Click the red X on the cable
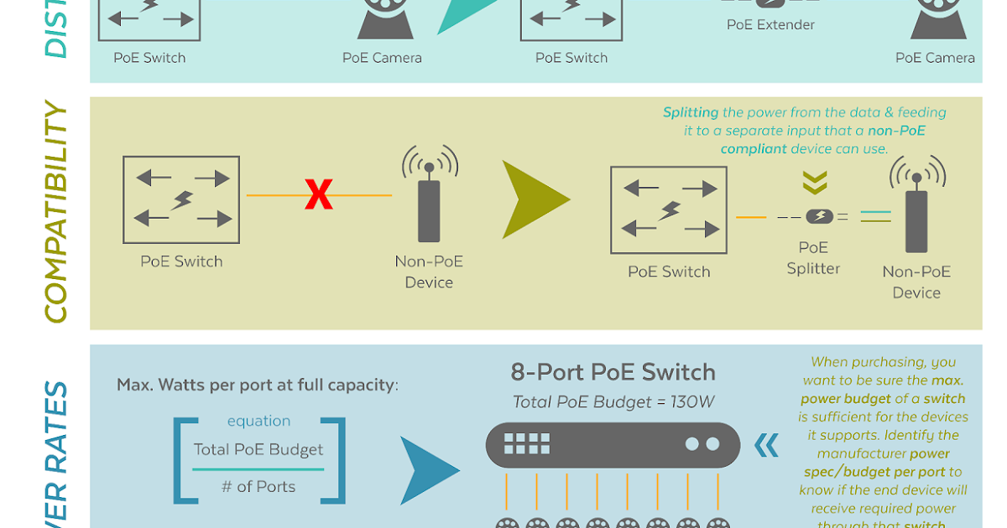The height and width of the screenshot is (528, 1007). point(319,194)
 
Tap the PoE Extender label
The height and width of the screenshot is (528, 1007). point(770,25)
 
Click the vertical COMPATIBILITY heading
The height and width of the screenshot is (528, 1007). point(55,213)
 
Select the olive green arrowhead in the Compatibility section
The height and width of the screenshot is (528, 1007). point(535,199)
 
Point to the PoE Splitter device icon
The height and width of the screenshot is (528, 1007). point(819,216)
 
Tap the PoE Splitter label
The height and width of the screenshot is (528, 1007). point(813,258)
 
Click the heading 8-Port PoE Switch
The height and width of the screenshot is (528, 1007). point(613,373)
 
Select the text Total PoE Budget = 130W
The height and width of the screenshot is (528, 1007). point(613,402)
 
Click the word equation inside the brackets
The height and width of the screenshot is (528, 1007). point(258,421)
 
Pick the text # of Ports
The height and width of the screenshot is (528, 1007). point(258,487)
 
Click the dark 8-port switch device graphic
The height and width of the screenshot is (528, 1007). point(613,444)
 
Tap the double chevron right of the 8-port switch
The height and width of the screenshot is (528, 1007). point(766,445)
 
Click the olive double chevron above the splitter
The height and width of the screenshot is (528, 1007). point(815,183)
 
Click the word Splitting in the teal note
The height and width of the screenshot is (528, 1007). point(691,112)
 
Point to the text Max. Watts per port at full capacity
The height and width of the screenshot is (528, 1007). point(256,386)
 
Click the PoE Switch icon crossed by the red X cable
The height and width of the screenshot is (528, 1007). point(181,199)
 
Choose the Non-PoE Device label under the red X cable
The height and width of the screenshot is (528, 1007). point(429,272)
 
